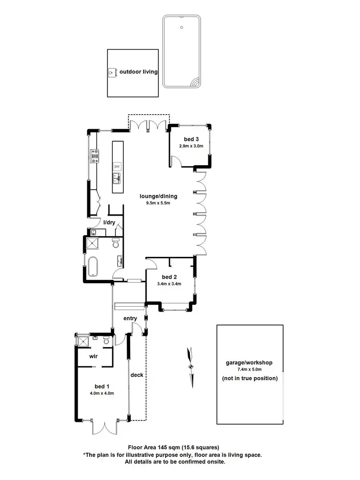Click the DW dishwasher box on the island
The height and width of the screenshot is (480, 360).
click(x=117, y=167)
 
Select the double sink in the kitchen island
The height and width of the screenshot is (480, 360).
click(x=117, y=179)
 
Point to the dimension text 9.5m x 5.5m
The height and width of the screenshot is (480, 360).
click(x=158, y=203)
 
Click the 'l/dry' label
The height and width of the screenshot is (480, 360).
click(x=109, y=222)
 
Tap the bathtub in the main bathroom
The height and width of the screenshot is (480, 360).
click(x=92, y=265)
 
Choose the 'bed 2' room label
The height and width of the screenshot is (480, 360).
click(x=169, y=277)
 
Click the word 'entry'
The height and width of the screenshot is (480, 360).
click(x=130, y=318)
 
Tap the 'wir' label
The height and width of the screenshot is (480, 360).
click(x=94, y=357)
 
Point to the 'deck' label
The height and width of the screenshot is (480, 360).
click(x=137, y=375)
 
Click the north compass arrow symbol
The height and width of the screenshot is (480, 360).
click(x=192, y=366)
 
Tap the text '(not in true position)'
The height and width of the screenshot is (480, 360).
click(x=250, y=378)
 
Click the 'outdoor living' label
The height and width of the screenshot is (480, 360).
click(x=139, y=72)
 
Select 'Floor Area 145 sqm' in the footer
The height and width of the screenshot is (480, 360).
click(x=155, y=447)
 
